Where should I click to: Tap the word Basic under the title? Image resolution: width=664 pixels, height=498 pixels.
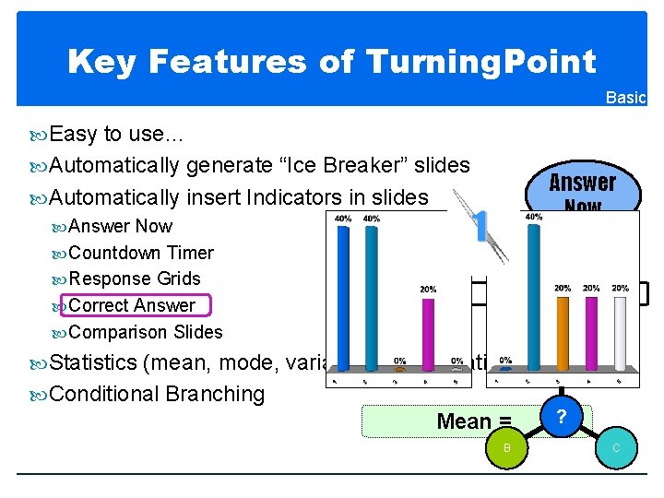pyautogui.click(x=625, y=98)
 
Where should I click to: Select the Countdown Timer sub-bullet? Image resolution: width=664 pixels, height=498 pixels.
pyautogui.click(x=140, y=253)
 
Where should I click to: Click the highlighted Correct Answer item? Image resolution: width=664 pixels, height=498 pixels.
pyautogui.click(x=132, y=305)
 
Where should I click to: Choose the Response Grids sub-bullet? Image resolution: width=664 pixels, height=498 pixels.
pyautogui.click(x=134, y=279)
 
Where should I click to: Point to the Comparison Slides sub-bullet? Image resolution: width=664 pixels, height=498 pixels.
pyautogui.click(x=145, y=332)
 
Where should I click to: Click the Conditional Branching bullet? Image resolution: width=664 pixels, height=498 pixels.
pyautogui.click(x=156, y=394)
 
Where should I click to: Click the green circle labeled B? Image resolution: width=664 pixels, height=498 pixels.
pyautogui.click(x=505, y=448)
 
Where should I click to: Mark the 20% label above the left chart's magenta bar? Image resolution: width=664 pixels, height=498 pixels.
pyautogui.click(x=427, y=289)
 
